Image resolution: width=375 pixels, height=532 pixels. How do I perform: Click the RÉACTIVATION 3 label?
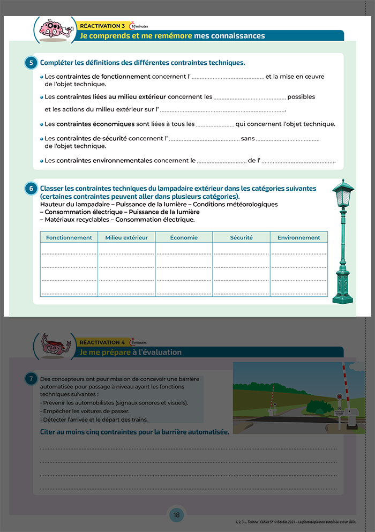tap(102, 26)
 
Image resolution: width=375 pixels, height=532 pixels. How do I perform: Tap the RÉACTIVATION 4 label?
tap(102, 342)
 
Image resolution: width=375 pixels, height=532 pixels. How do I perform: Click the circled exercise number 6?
tap(31, 189)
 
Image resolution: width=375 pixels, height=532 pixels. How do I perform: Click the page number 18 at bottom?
tap(176, 515)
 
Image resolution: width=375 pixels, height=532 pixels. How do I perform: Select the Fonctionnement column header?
tap(69, 238)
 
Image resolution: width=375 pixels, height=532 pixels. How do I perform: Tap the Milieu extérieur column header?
tap(126, 238)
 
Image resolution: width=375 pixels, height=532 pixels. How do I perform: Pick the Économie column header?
tap(184, 238)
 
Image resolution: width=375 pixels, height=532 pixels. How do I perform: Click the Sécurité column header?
tap(241, 238)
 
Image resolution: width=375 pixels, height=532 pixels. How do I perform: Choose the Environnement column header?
tap(298, 238)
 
